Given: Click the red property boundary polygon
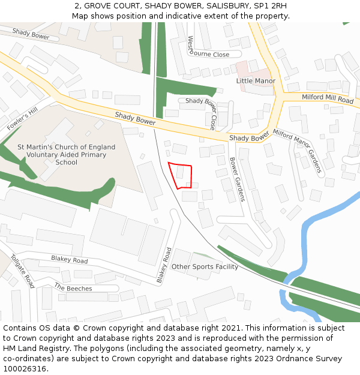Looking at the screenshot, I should [180, 175].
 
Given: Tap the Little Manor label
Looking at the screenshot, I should [256, 81].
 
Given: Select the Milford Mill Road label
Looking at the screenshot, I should [328, 98].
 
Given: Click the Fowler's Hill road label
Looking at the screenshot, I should [22, 120].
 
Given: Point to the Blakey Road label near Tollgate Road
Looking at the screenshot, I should [69, 259].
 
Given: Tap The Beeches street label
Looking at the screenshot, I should [73, 289].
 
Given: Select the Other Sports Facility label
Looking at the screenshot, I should [205, 266].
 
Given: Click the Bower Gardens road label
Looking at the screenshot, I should [237, 179].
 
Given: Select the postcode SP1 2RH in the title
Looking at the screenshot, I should [271, 5].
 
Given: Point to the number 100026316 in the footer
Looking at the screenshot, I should [25, 369].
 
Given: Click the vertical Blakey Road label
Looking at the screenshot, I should [164, 265].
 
